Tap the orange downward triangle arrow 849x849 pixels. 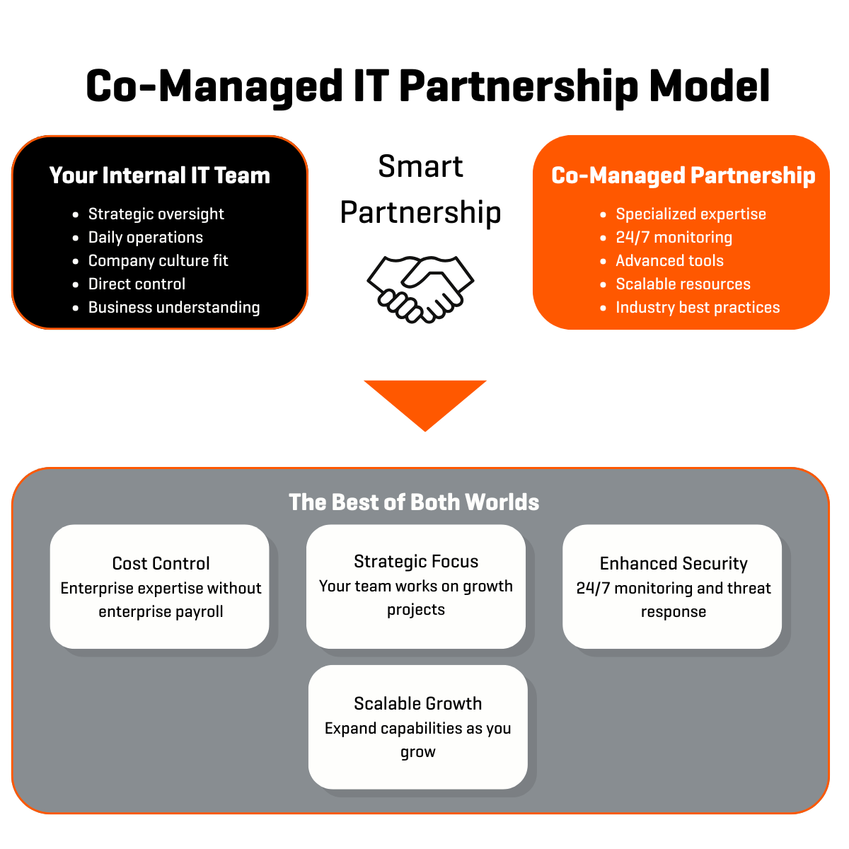point(425,400)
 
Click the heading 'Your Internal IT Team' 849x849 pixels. point(160,175)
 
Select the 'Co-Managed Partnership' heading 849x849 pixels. point(683,175)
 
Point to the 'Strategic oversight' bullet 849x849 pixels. point(156,214)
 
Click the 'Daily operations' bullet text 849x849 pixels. point(145,237)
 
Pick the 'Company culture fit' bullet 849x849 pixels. point(158,260)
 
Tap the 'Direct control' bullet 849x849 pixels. point(137,284)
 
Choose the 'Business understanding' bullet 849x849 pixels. point(174,307)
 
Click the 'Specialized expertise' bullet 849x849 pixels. point(691,214)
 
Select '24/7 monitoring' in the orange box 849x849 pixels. point(674,237)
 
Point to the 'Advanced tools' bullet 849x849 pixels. point(669,260)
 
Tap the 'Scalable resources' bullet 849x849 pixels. point(683,284)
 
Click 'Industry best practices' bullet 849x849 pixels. point(698,307)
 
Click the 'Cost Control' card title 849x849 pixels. point(161,563)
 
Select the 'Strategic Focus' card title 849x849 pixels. point(416,561)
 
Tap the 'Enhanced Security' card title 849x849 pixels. point(674,563)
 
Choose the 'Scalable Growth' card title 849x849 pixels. point(417,703)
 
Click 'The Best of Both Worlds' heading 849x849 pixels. point(414,502)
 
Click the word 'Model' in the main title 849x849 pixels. point(709,86)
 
